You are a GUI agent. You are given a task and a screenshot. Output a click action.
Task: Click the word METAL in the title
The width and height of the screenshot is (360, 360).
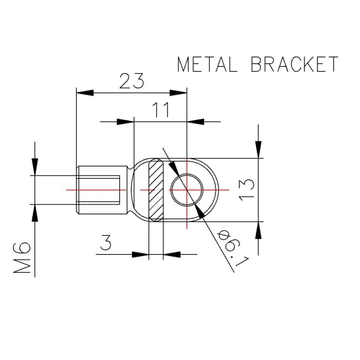[207, 65]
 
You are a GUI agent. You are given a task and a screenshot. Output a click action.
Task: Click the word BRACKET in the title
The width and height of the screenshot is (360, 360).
[294, 65]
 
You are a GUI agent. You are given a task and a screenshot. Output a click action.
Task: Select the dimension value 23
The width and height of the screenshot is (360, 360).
[131, 81]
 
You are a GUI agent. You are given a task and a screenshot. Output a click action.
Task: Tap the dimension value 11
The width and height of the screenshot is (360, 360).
[161, 111]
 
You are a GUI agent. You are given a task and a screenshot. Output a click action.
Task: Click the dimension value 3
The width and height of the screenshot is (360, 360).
[106, 244]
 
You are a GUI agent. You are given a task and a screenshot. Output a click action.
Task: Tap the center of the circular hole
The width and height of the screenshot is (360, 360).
[187, 189]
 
